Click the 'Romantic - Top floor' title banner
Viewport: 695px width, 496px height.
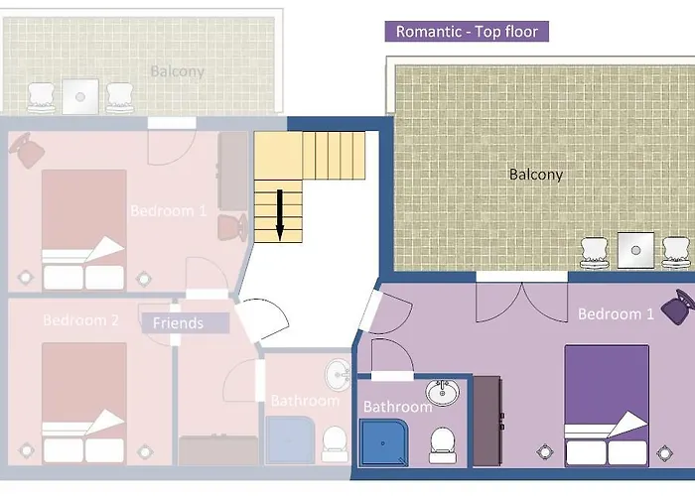click(x=467, y=32)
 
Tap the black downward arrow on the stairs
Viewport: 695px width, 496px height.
click(x=280, y=215)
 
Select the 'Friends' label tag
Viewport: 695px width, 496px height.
click(x=186, y=322)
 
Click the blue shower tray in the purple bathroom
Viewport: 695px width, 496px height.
click(x=384, y=443)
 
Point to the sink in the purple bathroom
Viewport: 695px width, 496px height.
click(x=443, y=393)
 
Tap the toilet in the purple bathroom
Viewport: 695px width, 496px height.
click(x=442, y=445)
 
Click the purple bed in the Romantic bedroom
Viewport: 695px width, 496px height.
click(x=607, y=406)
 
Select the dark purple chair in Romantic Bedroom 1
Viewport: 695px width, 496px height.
click(x=678, y=307)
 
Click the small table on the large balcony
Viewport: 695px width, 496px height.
click(x=635, y=250)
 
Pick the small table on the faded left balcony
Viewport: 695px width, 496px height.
click(x=80, y=96)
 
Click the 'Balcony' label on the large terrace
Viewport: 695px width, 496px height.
click(x=536, y=175)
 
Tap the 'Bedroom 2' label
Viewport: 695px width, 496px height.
click(x=80, y=319)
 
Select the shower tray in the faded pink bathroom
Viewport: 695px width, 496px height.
click(x=290, y=440)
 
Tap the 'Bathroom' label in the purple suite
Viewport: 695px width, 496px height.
click(x=397, y=407)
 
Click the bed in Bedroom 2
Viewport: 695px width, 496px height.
click(x=84, y=403)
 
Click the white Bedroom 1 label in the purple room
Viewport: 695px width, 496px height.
click(x=616, y=314)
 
